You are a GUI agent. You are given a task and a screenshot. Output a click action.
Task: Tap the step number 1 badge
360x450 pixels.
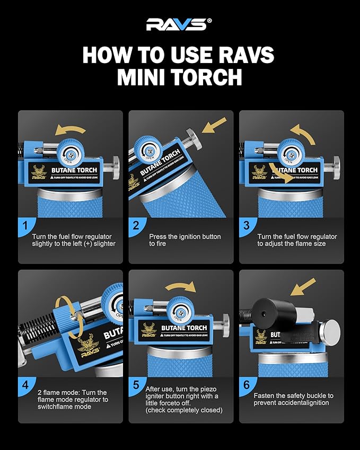(25, 225)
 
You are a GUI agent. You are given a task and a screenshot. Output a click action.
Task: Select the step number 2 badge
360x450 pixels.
(136, 225)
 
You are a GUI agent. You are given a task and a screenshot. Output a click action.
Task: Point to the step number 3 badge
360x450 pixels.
(247, 225)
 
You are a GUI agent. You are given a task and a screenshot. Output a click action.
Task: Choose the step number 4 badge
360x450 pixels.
(25, 385)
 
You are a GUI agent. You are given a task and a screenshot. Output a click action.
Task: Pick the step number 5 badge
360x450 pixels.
(136, 385)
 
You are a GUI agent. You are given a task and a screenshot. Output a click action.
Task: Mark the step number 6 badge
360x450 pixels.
(247, 385)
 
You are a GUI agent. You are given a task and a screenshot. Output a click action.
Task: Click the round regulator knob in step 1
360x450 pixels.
(67, 151)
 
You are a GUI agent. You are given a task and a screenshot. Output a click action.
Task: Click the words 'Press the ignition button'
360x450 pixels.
(183, 236)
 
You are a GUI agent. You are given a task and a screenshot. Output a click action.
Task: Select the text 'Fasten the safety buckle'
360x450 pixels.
(293, 395)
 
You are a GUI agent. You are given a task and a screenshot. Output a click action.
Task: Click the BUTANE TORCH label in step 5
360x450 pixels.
(185, 329)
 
